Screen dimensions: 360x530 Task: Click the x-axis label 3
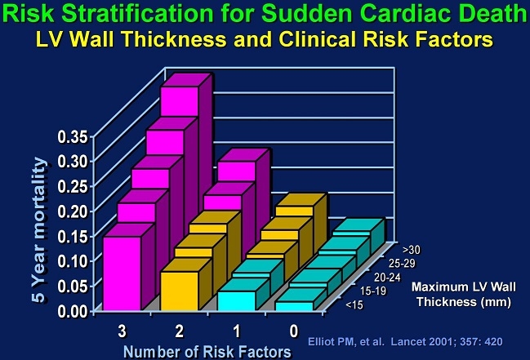pos(122,331)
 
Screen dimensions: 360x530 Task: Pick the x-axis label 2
pos(179,331)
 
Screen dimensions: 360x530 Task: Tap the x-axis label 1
pos(237,331)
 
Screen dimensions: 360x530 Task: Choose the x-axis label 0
pos(292,331)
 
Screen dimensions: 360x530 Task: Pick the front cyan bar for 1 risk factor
pos(235,300)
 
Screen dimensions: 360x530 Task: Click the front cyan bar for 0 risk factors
pos(294,305)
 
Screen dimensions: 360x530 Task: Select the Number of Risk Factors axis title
pos(207,351)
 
